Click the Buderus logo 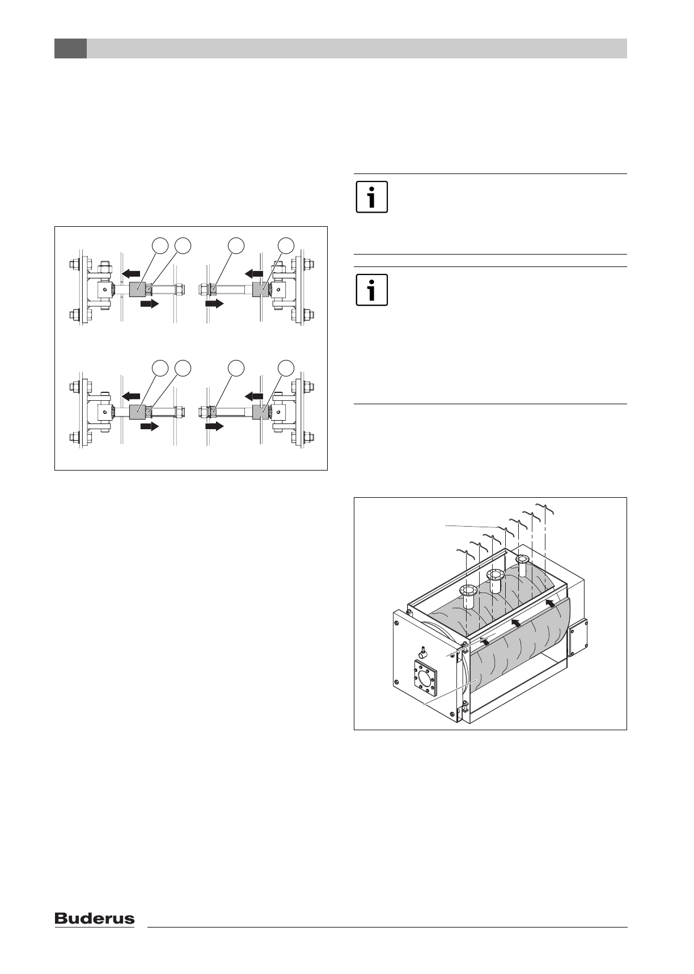[x=95, y=919]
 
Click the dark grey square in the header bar [x=70, y=49]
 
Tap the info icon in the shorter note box [x=371, y=197]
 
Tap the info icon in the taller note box [x=371, y=290]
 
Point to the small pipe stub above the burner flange [x=424, y=650]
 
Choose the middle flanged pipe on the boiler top [x=496, y=581]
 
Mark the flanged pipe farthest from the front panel [x=522, y=565]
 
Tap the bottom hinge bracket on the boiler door [x=464, y=705]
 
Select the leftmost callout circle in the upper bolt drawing [x=160, y=245]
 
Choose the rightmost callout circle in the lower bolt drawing [x=286, y=367]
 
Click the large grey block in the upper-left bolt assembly [x=138, y=290]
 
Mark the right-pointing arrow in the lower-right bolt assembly [x=214, y=426]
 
